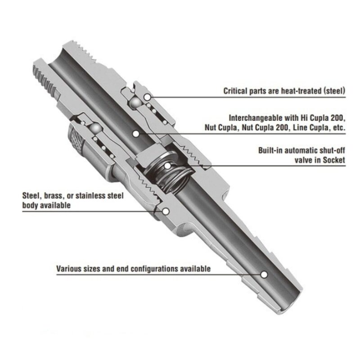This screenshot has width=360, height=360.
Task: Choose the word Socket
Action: (334, 160)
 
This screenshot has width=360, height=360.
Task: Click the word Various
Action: (68, 269)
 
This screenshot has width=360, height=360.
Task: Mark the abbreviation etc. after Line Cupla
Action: (338, 128)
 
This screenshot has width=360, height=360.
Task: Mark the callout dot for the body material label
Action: (166, 211)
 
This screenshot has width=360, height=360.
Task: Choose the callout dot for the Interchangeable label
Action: (136, 133)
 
